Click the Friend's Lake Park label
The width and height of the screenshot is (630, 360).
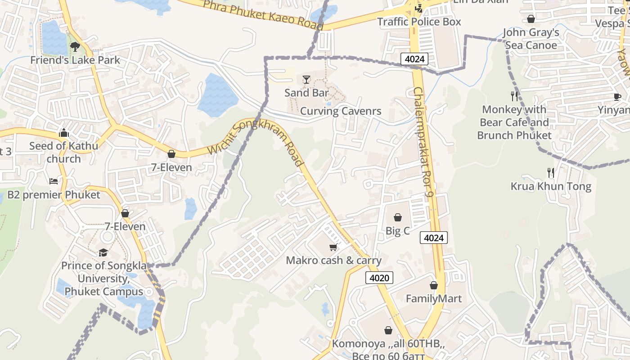(x=75, y=60)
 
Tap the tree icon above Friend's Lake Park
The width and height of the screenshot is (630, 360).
(x=75, y=46)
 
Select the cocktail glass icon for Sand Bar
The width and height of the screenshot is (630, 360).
(x=306, y=80)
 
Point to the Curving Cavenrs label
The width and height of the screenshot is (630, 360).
(x=341, y=111)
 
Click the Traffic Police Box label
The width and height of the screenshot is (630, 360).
(x=419, y=22)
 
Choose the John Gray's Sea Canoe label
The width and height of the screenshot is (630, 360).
(x=531, y=39)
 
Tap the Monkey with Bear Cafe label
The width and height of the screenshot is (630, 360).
(x=514, y=122)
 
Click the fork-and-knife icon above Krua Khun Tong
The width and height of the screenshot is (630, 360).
(x=550, y=172)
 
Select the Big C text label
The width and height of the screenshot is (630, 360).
(x=398, y=231)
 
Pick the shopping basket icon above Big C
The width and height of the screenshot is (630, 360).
(x=398, y=218)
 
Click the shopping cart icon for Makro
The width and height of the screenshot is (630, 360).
(x=333, y=247)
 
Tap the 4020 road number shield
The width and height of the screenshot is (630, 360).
(x=379, y=278)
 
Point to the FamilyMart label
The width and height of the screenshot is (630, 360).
(x=434, y=298)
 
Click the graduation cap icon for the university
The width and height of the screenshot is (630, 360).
(x=103, y=252)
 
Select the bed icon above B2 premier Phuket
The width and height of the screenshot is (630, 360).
(x=54, y=181)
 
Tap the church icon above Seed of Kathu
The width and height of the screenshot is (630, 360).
(x=63, y=133)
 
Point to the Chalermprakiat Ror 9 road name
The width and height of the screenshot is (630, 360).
(x=423, y=142)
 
